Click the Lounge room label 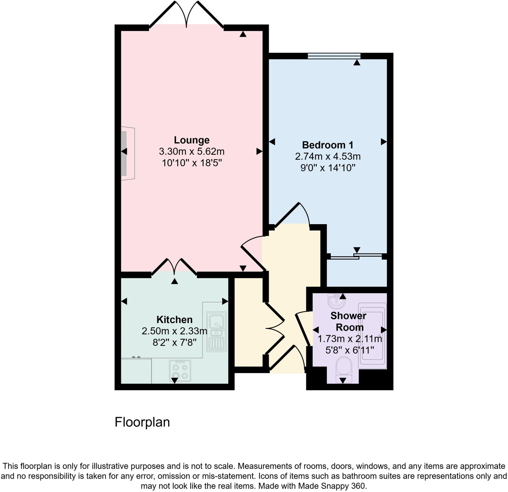(191, 140)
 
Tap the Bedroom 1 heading (328, 145)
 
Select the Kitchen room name (174, 320)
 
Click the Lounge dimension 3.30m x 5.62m (191, 152)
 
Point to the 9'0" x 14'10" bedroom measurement (328, 168)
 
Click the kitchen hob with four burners (180, 371)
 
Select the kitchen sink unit (216, 332)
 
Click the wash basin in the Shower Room (336, 301)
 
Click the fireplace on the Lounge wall (127, 153)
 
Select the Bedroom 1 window (334, 56)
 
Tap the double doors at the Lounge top (186, 14)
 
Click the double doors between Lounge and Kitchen (174, 267)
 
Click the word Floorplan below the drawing (142, 423)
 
